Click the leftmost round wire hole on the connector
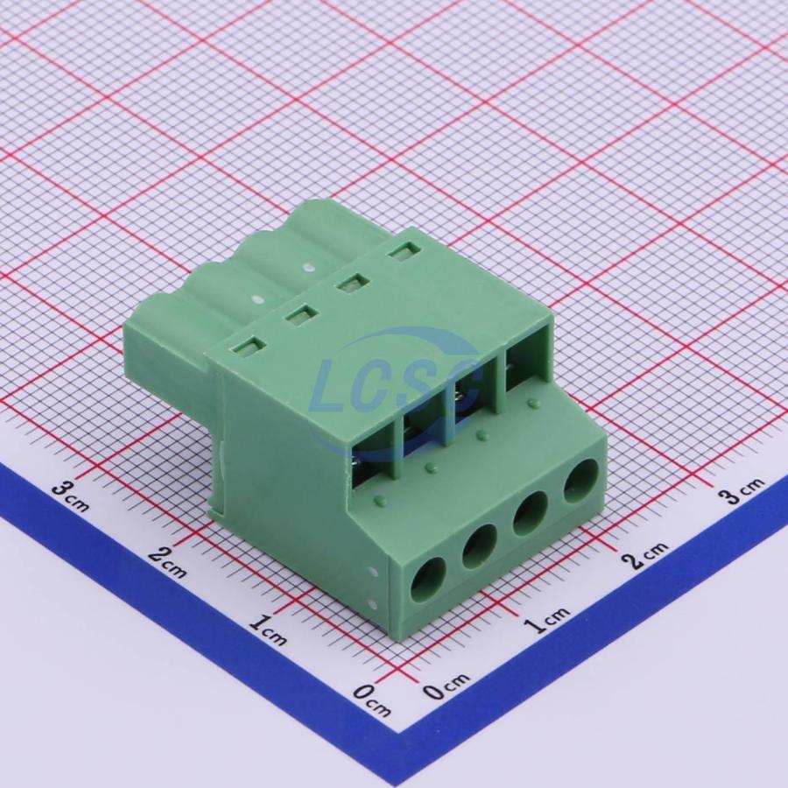(x=429, y=580)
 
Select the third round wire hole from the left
(x=531, y=514)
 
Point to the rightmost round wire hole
(x=580, y=482)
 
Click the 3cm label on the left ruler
(x=70, y=494)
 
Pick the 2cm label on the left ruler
(x=168, y=562)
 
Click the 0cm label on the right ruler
(x=447, y=686)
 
